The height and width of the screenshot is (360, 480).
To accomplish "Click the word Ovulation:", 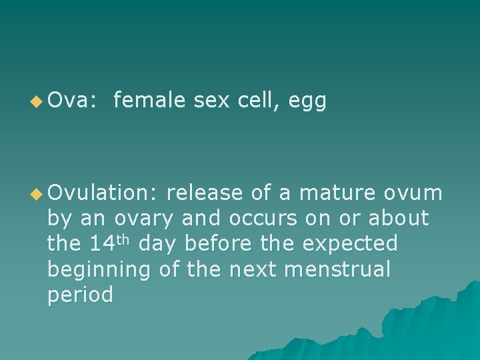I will point(103,193).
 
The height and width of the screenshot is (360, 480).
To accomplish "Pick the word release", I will point(206,193).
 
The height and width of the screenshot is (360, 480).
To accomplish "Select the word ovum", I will point(413,193).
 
